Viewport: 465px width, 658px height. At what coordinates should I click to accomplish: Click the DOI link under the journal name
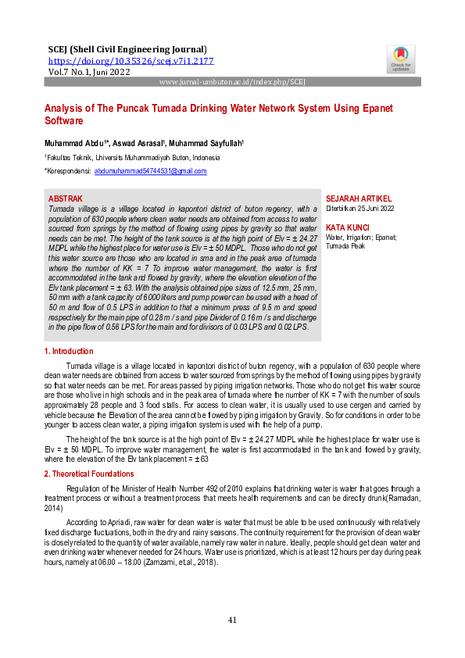point(131,60)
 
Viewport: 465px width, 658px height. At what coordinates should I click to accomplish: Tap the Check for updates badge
point(400,59)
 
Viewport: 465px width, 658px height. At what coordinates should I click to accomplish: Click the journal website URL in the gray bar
point(232,81)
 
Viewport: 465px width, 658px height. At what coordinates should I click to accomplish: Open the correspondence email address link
point(150,170)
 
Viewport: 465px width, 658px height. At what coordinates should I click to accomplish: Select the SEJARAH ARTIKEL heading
point(358,199)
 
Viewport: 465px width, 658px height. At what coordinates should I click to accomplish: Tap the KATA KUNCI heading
point(347,227)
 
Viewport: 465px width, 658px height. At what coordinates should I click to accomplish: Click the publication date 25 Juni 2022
point(375,209)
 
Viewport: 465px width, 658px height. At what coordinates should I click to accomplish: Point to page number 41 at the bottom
point(232,620)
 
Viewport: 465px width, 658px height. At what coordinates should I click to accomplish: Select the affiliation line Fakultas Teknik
point(133,157)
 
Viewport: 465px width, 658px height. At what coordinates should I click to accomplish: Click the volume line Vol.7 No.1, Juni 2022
point(89,71)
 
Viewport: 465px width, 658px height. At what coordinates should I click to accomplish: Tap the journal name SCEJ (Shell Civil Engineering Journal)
point(127,49)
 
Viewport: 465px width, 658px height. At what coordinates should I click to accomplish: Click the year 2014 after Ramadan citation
point(53,506)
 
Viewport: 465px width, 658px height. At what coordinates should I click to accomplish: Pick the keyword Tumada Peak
point(345,245)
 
